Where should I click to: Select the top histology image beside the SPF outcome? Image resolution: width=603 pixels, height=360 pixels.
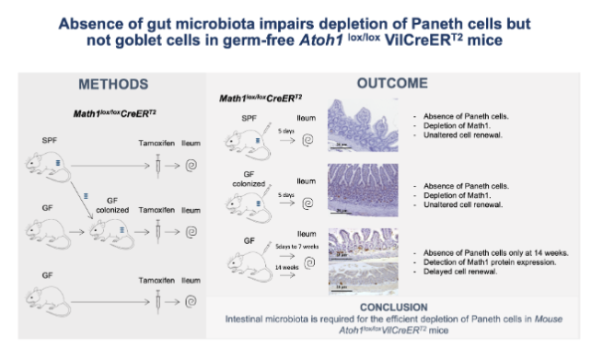(362, 122)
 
